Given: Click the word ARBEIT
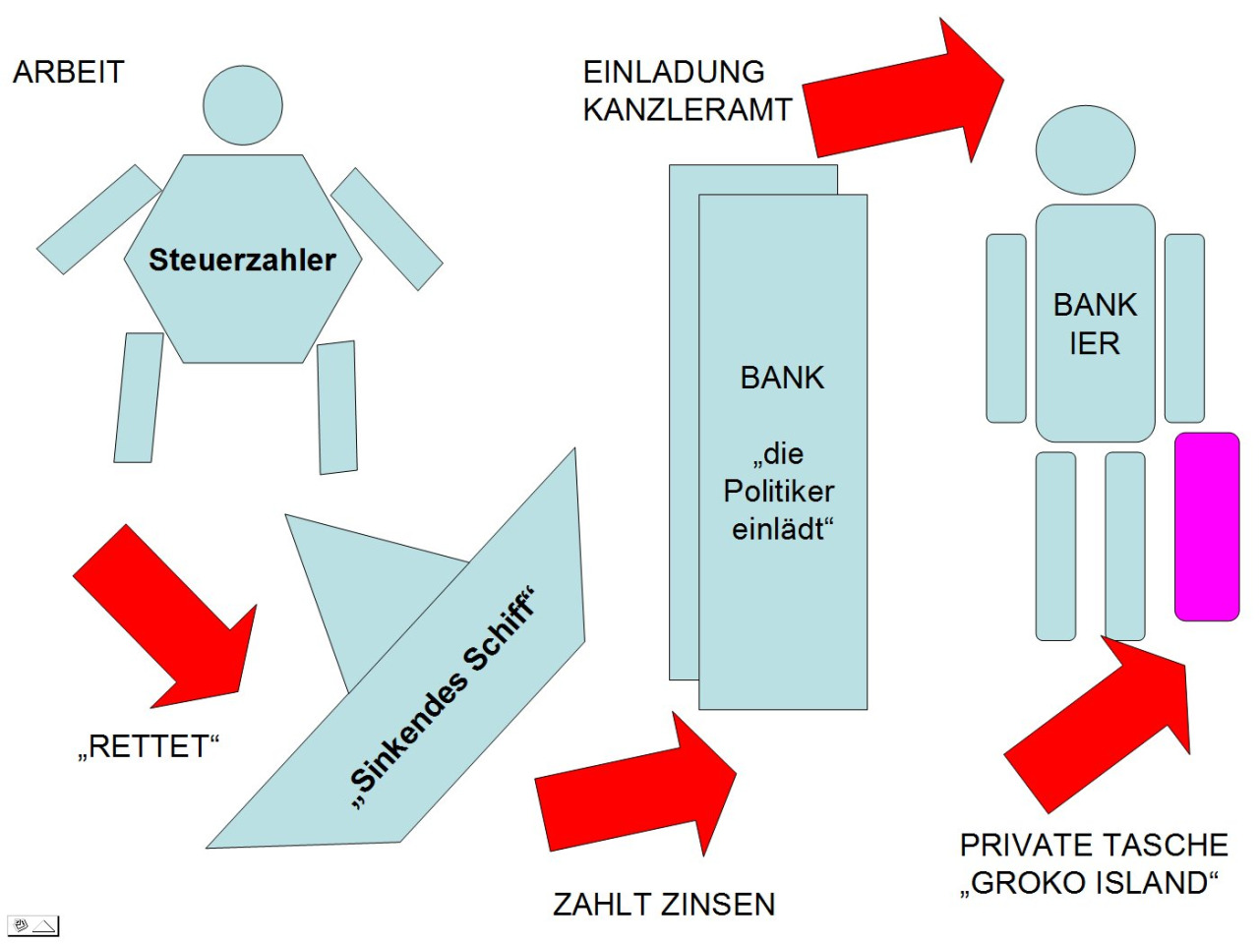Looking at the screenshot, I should pos(69,72).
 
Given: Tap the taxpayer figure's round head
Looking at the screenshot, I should pos(243,105).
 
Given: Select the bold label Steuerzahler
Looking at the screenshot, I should pos(242,260).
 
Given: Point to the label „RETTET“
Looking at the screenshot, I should pos(148,746).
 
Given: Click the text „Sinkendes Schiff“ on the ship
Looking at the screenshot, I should pos(442,699).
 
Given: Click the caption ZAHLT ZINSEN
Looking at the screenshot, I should pos(664,904).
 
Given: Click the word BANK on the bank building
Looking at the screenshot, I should pos(782,378).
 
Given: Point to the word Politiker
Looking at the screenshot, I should pos(779,491).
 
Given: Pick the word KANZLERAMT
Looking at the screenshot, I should pos(688,109).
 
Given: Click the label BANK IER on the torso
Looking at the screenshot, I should pos(1095,324).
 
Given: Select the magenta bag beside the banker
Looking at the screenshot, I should pos(1207,526).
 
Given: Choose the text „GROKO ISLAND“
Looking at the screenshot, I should pos(1090,883).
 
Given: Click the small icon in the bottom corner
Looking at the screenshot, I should pos(33,925).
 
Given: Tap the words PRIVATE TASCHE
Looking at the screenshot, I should pos(1094,845).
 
